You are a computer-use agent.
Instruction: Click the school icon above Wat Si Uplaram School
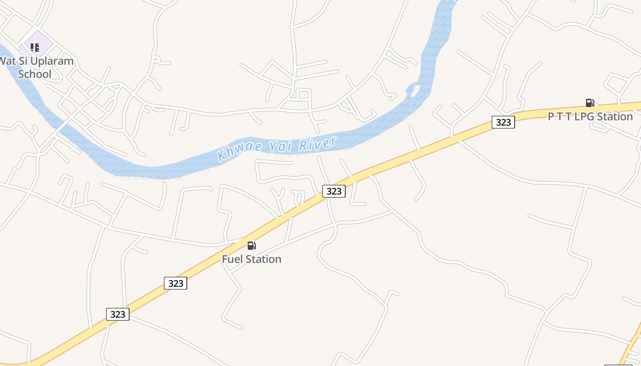pyautogui.click(x=35, y=47)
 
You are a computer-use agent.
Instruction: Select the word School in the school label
pyautogui.click(x=35, y=74)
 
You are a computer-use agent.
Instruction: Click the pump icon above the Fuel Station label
pyautogui.click(x=251, y=246)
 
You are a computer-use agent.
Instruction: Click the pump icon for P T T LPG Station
pyautogui.click(x=590, y=103)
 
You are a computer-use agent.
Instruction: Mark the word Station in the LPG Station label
pyautogui.click(x=615, y=117)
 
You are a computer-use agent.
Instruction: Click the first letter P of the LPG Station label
pyautogui.click(x=551, y=117)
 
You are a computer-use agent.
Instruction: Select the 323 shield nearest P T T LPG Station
pyautogui.click(x=503, y=122)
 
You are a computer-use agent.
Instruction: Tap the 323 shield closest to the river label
pyautogui.click(x=334, y=191)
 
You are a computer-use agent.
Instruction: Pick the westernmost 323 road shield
pyautogui.click(x=118, y=314)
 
